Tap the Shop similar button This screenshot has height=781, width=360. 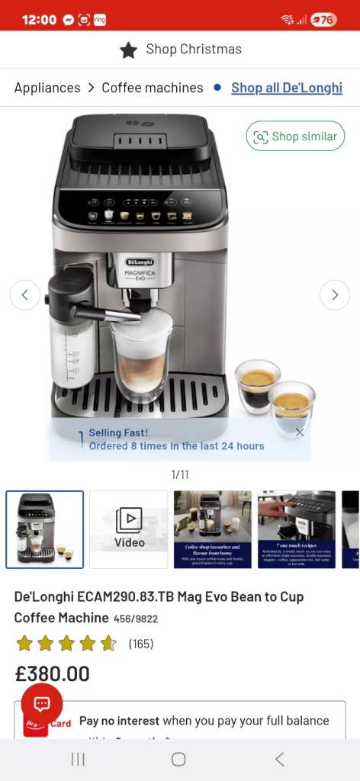coord(295,137)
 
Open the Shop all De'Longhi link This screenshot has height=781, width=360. coord(287,88)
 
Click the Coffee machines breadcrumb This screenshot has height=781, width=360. coord(153,88)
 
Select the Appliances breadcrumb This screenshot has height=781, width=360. coord(47,88)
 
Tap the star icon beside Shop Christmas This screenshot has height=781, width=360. coord(128,50)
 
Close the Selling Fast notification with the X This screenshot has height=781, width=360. coord(300,432)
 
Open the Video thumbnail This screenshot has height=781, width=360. coord(129,529)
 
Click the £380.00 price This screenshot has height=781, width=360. coord(53,673)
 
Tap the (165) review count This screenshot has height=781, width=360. coord(141,644)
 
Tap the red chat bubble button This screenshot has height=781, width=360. coord(42,704)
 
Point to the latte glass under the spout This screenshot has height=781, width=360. coord(141,358)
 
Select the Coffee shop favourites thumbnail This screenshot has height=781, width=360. coord(213,529)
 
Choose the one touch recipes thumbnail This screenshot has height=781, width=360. coord(297,529)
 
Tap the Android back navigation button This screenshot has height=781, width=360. coord(280,759)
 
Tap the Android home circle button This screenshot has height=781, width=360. coord(178,759)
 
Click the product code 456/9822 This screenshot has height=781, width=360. coord(136,619)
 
